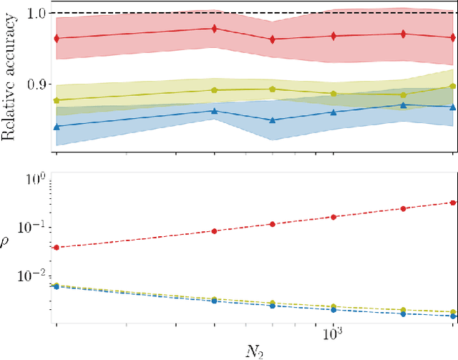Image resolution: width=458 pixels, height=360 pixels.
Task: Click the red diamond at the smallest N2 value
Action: [57, 37]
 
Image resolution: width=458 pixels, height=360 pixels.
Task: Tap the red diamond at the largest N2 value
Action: [452, 37]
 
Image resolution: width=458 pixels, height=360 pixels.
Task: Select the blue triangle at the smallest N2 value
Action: [57, 126]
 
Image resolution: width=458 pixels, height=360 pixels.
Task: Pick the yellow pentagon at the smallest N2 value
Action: [57, 100]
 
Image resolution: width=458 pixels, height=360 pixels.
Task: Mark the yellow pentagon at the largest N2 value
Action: [452, 86]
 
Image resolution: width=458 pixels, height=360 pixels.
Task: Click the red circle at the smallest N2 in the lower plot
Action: [57, 248]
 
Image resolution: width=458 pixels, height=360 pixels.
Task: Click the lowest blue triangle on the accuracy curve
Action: [57, 126]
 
